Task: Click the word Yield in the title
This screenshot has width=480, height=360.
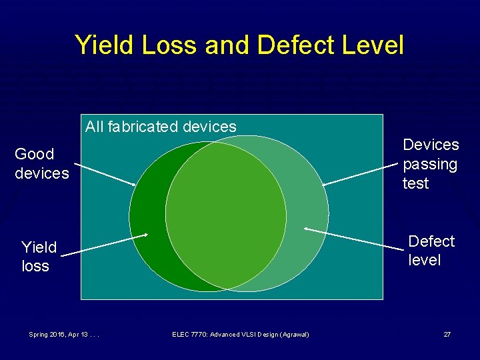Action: pyautogui.click(x=102, y=45)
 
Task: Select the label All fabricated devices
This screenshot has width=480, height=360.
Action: pyautogui.click(x=161, y=126)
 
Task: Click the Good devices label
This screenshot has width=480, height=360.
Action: pyautogui.click(x=41, y=163)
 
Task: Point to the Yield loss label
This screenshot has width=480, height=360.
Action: pyautogui.click(x=38, y=257)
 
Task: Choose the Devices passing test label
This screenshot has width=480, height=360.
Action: pyautogui.click(x=431, y=164)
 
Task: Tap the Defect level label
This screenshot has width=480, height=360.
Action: pyautogui.click(x=431, y=251)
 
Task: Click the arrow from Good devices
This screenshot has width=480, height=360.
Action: pyautogui.click(x=104, y=174)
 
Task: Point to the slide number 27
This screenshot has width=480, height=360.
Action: pyautogui.click(x=447, y=334)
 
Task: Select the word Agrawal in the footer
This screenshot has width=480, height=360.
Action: pyautogui.click(x=293, y=334)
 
